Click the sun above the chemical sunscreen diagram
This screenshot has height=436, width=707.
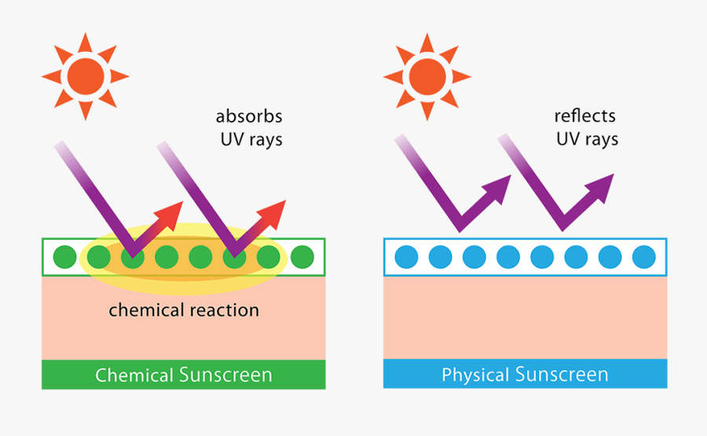[85, 76]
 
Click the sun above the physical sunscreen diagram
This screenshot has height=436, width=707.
[427, 76]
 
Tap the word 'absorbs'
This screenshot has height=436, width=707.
[249, 116]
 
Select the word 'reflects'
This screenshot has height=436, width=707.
[585, 115]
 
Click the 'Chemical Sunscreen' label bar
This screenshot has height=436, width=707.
[184, 375]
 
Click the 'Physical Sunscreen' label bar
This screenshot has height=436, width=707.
[525, 375]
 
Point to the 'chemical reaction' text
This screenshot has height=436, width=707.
[184, 310]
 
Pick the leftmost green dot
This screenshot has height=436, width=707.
[64, 257]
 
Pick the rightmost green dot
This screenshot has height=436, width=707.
[302, 257]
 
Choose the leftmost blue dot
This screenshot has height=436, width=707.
[406, 257]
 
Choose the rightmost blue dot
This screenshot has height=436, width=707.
[643, 257]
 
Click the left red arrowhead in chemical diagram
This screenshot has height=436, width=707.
[173, 211]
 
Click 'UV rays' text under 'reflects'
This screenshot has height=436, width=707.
[588, 140]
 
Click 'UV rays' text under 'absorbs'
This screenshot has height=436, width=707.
[249, 141]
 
